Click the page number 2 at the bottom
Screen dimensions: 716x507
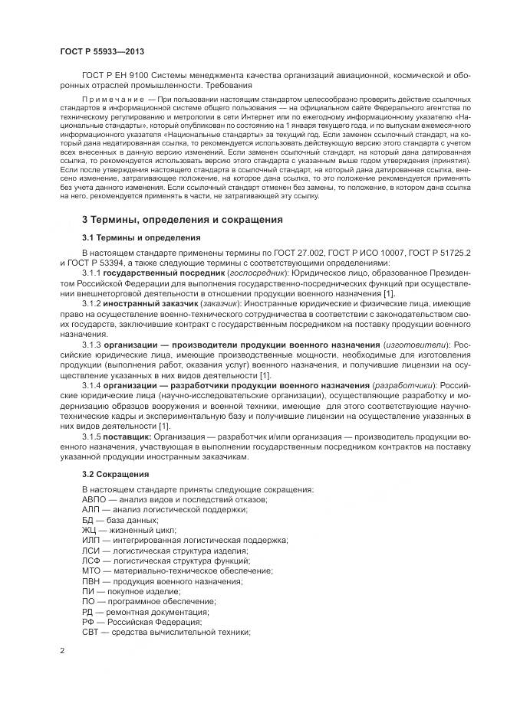(61, 651)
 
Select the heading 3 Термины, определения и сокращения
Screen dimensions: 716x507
(182, 221)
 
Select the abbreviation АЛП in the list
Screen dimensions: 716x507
(91, 509)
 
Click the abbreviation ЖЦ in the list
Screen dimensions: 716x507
(90, 530)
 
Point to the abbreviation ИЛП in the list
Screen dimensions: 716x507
(91, 540)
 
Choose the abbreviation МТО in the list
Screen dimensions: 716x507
(92, 571)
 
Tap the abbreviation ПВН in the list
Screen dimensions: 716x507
(92, 580)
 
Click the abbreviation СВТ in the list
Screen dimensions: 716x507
(91, 632)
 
